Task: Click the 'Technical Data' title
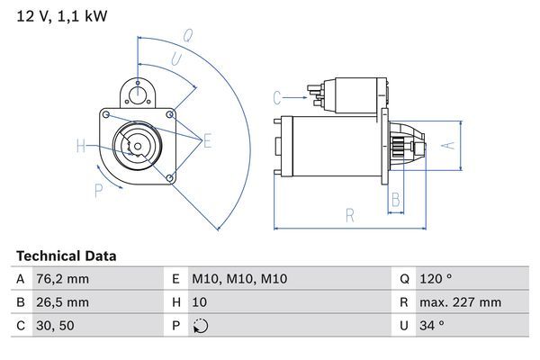tap(66, 256)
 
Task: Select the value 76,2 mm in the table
tap(64, 279)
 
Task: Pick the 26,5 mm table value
tap(64, 302)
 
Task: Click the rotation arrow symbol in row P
tap(200, 326)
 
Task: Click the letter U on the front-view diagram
tap(176, 60)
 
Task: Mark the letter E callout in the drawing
tap(208, 139)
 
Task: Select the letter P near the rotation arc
tap(98, 190)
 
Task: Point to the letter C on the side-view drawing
tap(278, 96)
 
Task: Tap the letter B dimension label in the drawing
tap(395, 201)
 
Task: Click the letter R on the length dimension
tap(349, 214)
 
